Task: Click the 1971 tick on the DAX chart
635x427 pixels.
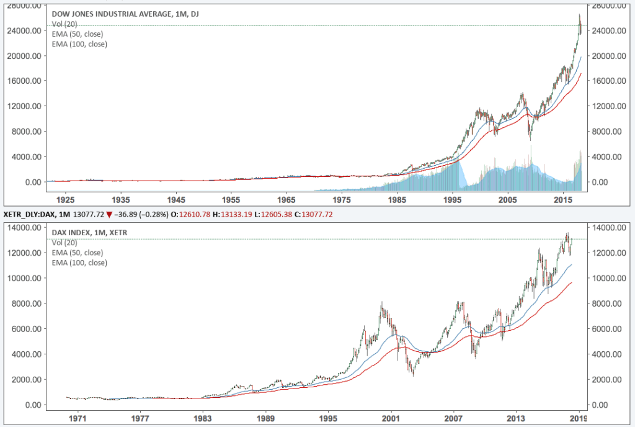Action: pyautogui.click(x=78, y=419)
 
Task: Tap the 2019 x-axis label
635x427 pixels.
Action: pyautogui.click(x=579, y=419)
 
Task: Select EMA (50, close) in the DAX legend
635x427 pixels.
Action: pyautogui.click(x=78, y=253)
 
